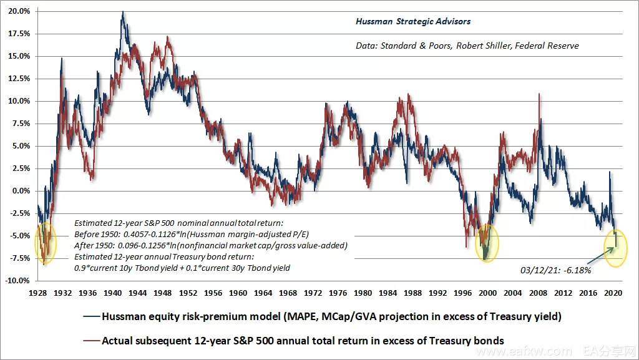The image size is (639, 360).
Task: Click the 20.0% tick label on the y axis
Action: [19, 11]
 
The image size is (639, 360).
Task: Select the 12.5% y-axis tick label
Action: [19, 79]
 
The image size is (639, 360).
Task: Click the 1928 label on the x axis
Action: [38, 292]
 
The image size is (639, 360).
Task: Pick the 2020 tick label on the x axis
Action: [614, 292]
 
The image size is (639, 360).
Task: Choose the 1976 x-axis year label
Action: [338, 292]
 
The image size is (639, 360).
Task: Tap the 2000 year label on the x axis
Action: [489, 292]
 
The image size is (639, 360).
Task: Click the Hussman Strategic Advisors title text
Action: [413, 21]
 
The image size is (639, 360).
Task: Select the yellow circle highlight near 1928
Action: [46, 243]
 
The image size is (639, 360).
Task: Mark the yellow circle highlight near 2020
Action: [616, 248]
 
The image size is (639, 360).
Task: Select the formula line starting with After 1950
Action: [210, 245]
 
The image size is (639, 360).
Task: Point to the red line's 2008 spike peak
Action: [539, 94]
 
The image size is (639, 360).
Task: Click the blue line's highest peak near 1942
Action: [122, 12]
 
